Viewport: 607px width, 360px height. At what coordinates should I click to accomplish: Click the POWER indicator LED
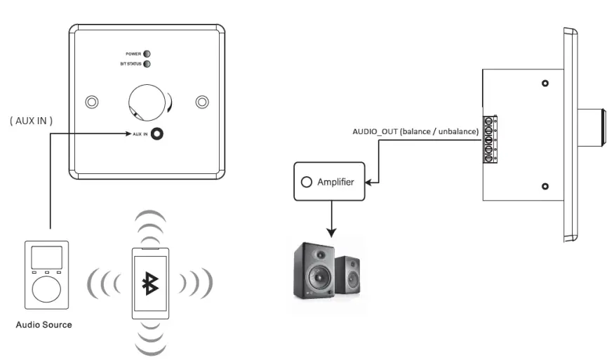coord(147,53)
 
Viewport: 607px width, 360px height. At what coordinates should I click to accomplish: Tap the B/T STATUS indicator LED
coord(147,64)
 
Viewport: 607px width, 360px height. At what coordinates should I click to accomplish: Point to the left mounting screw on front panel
coord(91,102)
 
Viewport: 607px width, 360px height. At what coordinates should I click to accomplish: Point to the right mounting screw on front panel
coord(202,102)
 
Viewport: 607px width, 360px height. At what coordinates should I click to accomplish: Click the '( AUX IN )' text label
coord(30,121)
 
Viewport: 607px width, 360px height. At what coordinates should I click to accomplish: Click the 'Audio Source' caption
coord(44,325)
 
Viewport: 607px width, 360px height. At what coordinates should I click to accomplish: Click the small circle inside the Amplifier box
coord(306,182)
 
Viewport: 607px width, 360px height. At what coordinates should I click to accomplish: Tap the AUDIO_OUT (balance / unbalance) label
coord(416,132)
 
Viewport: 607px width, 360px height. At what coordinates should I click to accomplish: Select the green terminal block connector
coord(491,138)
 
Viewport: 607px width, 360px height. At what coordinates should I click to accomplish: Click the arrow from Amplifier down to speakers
coord(329,218)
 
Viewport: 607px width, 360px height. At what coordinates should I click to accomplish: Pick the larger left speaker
coord(312,269)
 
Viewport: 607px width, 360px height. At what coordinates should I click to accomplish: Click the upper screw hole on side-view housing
coord(545,84)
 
